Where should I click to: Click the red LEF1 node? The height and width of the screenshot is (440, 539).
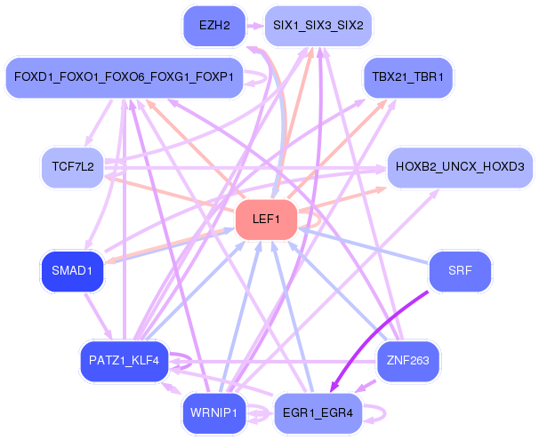266,220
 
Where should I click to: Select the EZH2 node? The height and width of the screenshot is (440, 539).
214,26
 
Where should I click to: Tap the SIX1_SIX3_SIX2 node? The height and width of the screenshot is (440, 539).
318,26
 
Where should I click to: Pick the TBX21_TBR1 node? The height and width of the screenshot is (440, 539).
407,77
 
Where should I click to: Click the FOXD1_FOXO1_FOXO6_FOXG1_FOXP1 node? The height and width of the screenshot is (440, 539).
125,77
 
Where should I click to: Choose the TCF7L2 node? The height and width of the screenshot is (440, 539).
73,167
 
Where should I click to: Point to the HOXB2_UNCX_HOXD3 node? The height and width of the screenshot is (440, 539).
460,167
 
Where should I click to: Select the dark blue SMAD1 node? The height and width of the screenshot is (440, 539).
72,271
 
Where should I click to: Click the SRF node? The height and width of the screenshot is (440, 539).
460,271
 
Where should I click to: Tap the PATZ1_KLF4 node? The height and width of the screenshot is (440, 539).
125,361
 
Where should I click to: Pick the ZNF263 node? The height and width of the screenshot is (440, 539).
407,361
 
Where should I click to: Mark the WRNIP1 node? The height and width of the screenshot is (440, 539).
214,413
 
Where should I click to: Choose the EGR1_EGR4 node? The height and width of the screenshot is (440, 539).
318,413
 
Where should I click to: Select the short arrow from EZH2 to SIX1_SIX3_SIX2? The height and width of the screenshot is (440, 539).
254,26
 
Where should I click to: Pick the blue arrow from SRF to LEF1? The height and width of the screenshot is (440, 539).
364,246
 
